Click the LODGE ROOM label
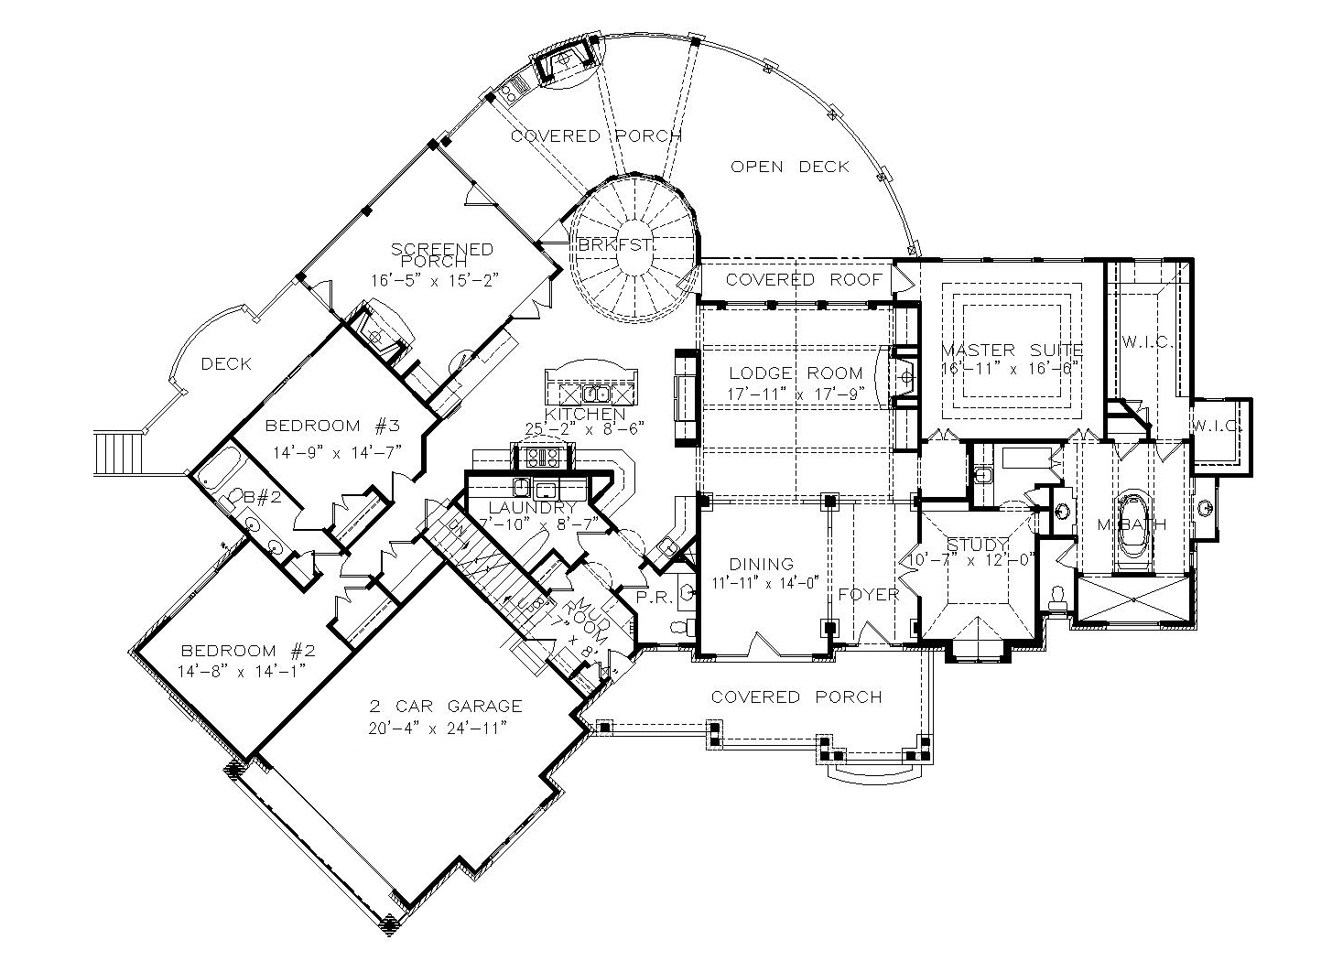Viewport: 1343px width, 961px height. click(796, 373)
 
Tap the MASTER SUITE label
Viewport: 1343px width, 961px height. click(1012, 350)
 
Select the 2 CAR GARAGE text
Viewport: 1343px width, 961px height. click(446, 706)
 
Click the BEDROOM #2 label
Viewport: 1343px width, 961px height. click(247, 651)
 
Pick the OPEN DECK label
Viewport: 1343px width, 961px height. click(790, 166)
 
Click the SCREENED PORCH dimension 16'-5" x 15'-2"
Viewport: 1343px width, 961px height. click(434, 279)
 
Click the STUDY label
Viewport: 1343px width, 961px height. click(977, 544)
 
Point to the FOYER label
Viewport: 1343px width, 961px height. click(869, 594)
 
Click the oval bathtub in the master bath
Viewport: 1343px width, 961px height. click(1135, 527)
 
